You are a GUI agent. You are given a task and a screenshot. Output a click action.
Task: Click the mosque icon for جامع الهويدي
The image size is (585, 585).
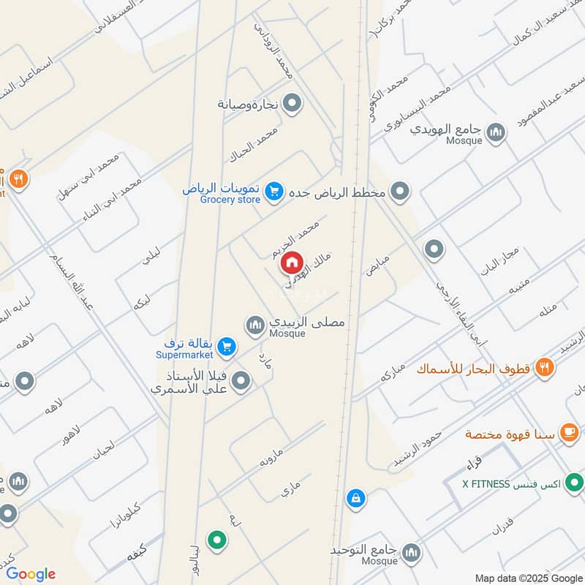497,132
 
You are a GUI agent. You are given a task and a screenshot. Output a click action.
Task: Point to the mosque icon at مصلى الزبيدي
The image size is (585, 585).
255,324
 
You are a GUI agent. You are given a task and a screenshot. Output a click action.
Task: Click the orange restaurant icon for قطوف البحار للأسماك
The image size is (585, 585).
543,367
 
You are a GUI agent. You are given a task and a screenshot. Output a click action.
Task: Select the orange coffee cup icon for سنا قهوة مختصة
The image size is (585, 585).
568,433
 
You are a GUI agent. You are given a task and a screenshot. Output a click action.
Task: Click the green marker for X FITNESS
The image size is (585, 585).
575,483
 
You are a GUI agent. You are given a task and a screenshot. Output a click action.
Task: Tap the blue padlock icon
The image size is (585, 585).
355,499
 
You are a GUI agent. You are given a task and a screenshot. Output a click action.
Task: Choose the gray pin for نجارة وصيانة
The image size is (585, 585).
292,104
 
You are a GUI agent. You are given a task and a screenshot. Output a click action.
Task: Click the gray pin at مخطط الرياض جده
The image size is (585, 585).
400,192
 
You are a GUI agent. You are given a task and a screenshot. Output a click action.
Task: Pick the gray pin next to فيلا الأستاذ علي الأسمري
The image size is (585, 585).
242,380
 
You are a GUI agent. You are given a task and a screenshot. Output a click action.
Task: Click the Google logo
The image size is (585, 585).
31,574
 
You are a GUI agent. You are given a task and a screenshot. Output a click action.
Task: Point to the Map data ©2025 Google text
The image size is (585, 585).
528,578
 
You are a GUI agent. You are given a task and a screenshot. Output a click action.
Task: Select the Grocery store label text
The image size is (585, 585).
231,200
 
